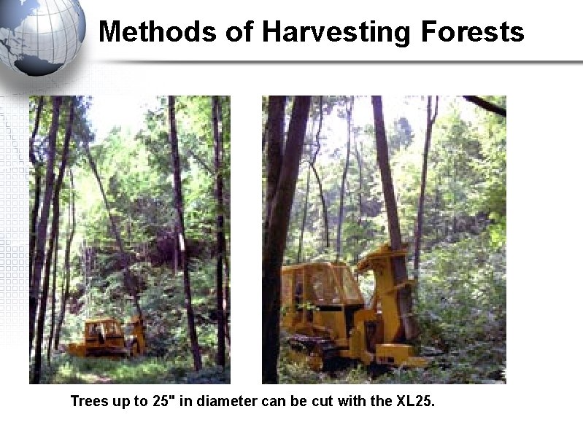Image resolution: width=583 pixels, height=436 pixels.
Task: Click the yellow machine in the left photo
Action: pos(106,338)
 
